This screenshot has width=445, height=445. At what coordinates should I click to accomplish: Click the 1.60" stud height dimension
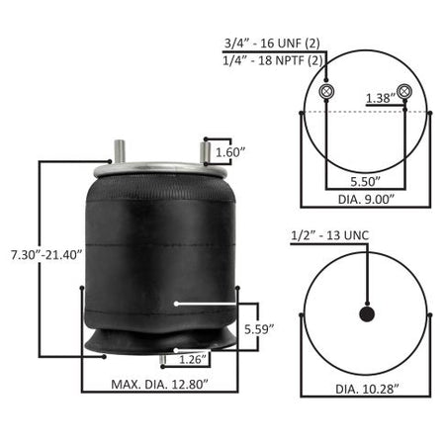(x=230, y=152)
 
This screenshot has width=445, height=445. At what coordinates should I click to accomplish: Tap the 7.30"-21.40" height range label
(x=46, y=255)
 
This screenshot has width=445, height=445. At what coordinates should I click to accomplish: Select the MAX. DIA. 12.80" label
(x=160, y=385)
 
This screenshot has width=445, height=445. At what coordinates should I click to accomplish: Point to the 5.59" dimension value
(x=259, y=329)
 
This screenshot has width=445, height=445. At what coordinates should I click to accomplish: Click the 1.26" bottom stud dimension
(x=194, y=359)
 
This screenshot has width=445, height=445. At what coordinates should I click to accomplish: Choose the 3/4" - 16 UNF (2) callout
(x=272, y=44)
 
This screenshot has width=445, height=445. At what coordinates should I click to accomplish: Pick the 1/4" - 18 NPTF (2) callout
(x=273, y=60)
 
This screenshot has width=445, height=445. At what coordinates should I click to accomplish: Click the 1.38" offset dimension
(x=381, y=98)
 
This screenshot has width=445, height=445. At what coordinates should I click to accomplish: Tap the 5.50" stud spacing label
(x=366, y=182)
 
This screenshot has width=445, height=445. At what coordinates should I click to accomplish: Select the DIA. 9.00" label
(x=366, y=200)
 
